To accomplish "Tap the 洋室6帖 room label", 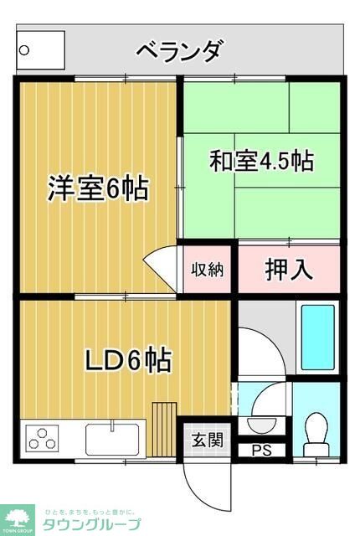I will coord(97,188).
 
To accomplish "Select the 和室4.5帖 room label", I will coord(261,161).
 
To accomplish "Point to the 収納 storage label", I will coord(205,270).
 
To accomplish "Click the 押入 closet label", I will coord(289,270).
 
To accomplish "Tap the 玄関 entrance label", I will coord(206,439).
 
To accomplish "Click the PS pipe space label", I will coord(261,451).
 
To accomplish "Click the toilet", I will coord(316,429).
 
